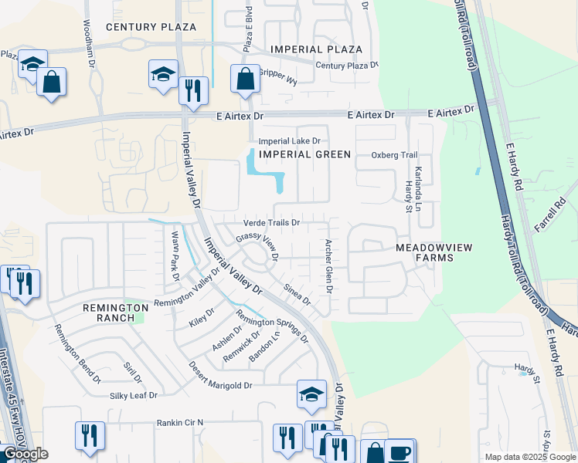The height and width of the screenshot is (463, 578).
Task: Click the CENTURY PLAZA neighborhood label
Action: coord(151,26)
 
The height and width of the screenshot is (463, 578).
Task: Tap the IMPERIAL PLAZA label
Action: coord(316,49)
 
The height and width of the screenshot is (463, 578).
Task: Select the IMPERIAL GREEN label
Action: coord(304,154)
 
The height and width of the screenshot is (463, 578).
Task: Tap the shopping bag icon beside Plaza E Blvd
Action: coord(245,79)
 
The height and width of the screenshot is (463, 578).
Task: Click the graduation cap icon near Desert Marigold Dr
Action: coord(311,394)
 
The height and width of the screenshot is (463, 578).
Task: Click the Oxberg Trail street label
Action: coord(394,155)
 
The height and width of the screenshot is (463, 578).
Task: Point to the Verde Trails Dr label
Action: coord(271,223)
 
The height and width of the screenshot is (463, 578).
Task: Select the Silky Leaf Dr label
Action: coord(131,395)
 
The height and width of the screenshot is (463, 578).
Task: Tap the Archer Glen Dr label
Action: coord(328,266)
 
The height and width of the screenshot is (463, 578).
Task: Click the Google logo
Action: coord(25,454)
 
